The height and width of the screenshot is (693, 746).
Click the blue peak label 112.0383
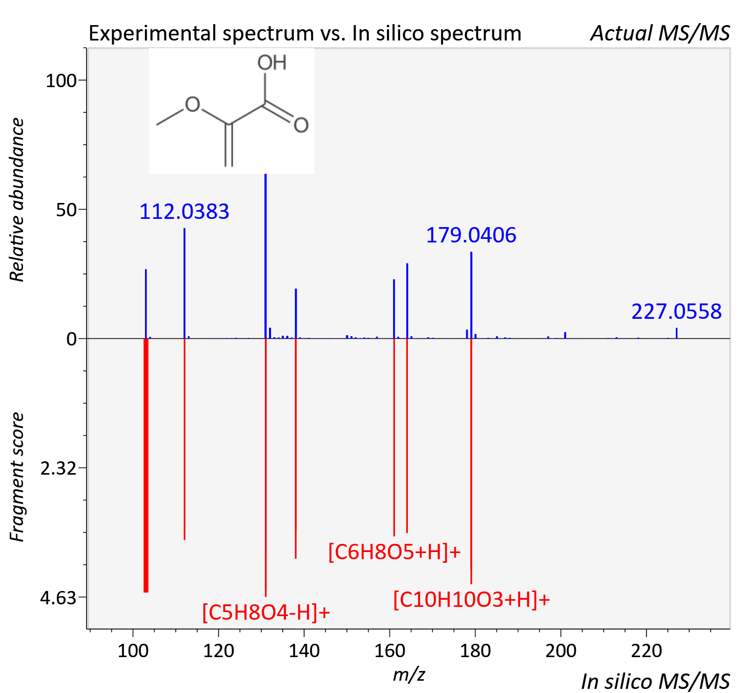tap(184, 211)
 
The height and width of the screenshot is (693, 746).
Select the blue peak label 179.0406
tap(471, 235)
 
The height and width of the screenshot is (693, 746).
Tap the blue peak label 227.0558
tap(676, 312)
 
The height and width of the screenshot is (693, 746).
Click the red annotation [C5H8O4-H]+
tap(266, 612)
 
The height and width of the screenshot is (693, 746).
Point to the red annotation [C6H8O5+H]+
tap(395, 552)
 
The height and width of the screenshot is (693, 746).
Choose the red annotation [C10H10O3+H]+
tap(471, 599)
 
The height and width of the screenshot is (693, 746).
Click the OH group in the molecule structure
tap(272, 63)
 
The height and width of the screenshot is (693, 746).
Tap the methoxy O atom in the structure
tap(193, 105)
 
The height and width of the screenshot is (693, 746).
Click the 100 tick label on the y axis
tap(60, 80)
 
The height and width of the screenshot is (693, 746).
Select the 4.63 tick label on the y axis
tap(58, 598)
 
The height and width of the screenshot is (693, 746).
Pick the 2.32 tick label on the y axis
tap(58, 468)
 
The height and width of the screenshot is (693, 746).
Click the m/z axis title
tap(409, 675)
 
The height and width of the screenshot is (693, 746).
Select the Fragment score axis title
tap(17, 477)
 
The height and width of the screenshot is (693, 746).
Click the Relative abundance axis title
tap(17, 200)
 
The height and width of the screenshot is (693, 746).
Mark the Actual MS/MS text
tap(660, 33)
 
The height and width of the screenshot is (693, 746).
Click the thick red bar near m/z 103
tap(146, 465)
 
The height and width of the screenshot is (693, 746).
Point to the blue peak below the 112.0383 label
tap(184, 283)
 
